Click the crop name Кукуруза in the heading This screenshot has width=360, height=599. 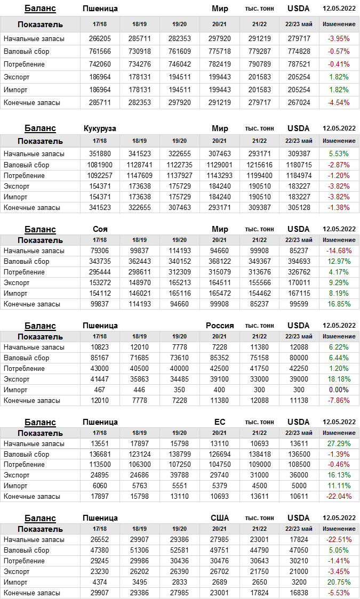pos(100,128)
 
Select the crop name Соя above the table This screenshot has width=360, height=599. pos(100,229)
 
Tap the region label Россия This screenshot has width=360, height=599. pos(220,326)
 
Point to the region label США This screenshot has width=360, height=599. pos(220,518)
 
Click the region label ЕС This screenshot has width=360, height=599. pos(220,422)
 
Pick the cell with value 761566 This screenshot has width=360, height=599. pos(99,51)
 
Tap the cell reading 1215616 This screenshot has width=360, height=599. pos(259,165)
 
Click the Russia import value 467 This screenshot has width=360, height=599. pos(99,390)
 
